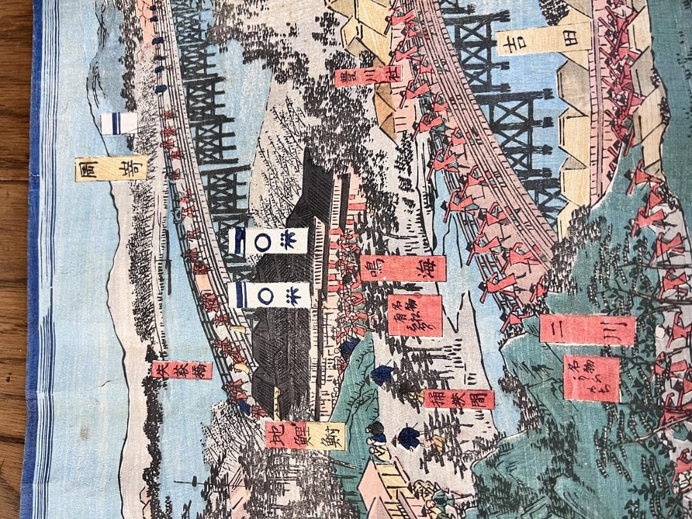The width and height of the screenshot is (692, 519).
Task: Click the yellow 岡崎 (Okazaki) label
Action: click(111, 168)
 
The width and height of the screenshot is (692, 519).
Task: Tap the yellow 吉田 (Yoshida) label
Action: click(544, 39)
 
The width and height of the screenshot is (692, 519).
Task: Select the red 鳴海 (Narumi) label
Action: click(402, 268)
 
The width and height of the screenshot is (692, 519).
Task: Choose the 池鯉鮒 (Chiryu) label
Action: click(305, 435)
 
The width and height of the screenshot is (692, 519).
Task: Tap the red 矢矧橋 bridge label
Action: click(182, 370)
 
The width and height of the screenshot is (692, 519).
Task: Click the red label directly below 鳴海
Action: click(415, 315)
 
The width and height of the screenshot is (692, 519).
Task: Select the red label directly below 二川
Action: click(591, 379)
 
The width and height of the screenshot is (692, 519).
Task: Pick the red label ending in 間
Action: click(459, 399)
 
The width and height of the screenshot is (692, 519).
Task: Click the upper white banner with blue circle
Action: click(268, 241)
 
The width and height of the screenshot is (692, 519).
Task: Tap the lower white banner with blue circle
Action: click(268, 295)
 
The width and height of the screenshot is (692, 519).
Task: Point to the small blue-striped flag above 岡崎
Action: click(119, 123)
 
